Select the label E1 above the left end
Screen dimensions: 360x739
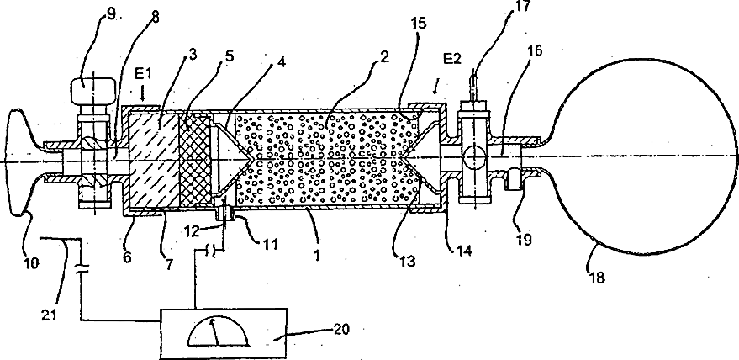(144, 74)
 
